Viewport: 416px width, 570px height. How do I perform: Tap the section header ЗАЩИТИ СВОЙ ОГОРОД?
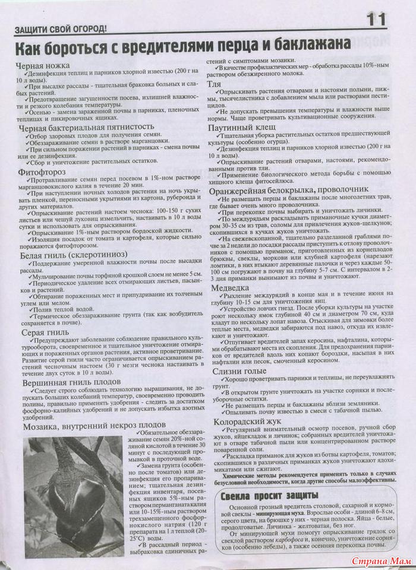(60, 28)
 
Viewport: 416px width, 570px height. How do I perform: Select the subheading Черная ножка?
(45, 65)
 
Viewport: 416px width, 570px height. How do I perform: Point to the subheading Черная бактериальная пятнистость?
(86, 128)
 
